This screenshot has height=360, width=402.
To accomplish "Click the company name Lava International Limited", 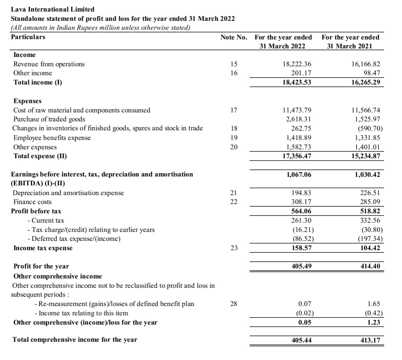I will [52, 9].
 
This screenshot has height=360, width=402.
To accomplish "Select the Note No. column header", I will [234, 37].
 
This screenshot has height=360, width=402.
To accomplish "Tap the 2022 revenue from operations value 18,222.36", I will [297, 64].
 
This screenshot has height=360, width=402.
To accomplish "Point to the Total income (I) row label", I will [38, 82].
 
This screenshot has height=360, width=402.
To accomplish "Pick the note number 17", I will [234, 110].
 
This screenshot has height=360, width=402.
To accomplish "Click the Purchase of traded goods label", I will [49, 119].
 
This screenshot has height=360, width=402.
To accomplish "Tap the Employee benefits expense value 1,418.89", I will [297, 138].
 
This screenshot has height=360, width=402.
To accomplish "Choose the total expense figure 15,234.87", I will [366, 156].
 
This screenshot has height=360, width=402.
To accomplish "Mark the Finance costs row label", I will [32, 202].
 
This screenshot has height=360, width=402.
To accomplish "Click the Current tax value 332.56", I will [370, 221].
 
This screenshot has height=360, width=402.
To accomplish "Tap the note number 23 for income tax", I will [234, 248].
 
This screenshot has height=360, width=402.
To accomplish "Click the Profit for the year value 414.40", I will [370, 267].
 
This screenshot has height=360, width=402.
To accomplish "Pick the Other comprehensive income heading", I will [57, 276].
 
